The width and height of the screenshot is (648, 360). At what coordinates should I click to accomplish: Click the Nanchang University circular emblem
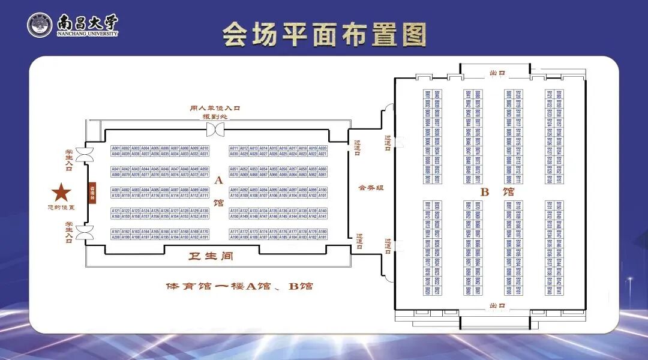tap(40, 25)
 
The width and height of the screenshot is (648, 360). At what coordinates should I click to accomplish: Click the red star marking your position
tap(61, 193)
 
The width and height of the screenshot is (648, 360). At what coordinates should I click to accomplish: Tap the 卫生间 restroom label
tap(211, 256)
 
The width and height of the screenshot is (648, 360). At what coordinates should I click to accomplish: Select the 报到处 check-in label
tap(215, 116)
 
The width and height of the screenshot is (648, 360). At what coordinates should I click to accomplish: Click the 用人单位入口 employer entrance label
tap(215, 108)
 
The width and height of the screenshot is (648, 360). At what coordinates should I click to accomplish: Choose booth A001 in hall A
tap(116, 148)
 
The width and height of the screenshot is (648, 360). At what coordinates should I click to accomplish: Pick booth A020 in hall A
tap(323, 148)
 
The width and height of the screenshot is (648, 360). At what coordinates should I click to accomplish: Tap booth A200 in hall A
tap(116, 237)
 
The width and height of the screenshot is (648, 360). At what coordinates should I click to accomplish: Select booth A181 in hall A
tap(323, 237)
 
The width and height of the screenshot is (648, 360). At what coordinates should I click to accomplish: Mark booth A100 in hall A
tap(323, 190)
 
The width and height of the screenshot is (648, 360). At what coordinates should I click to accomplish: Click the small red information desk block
tap(92, 192)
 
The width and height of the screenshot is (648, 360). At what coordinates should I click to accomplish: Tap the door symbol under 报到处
tap(215, 129)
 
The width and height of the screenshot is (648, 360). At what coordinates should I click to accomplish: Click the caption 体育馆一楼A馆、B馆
tap(239, 286)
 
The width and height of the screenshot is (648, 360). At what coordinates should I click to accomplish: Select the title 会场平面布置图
tap(324, 35)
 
